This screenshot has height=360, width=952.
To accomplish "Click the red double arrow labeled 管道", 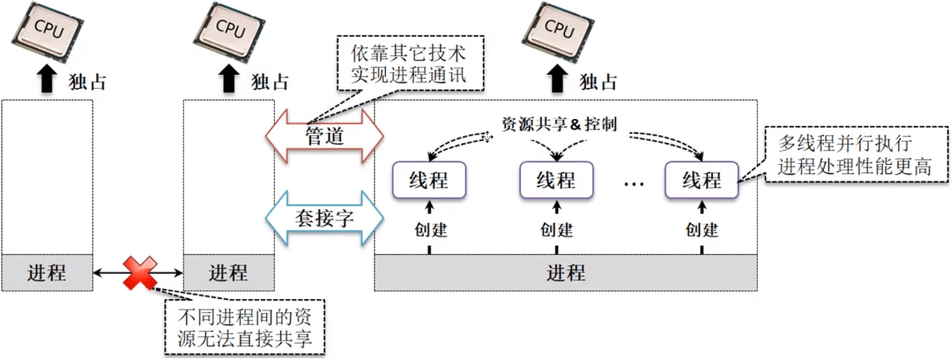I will point(324,137).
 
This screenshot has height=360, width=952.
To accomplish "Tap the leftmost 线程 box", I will point(429,180).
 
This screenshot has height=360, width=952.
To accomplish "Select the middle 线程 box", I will point(556,180).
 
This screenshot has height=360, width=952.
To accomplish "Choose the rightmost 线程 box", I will point(701,180).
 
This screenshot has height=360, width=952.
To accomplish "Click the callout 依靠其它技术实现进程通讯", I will point(410,63).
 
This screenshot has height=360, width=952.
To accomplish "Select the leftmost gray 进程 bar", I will point(47,272).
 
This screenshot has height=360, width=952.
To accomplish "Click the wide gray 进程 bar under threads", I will point(566,272).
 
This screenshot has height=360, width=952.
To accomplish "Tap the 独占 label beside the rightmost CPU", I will point(598,81).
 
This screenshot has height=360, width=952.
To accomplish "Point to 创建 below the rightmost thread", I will point(702,230).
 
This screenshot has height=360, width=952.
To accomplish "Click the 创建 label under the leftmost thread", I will point(430,230).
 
